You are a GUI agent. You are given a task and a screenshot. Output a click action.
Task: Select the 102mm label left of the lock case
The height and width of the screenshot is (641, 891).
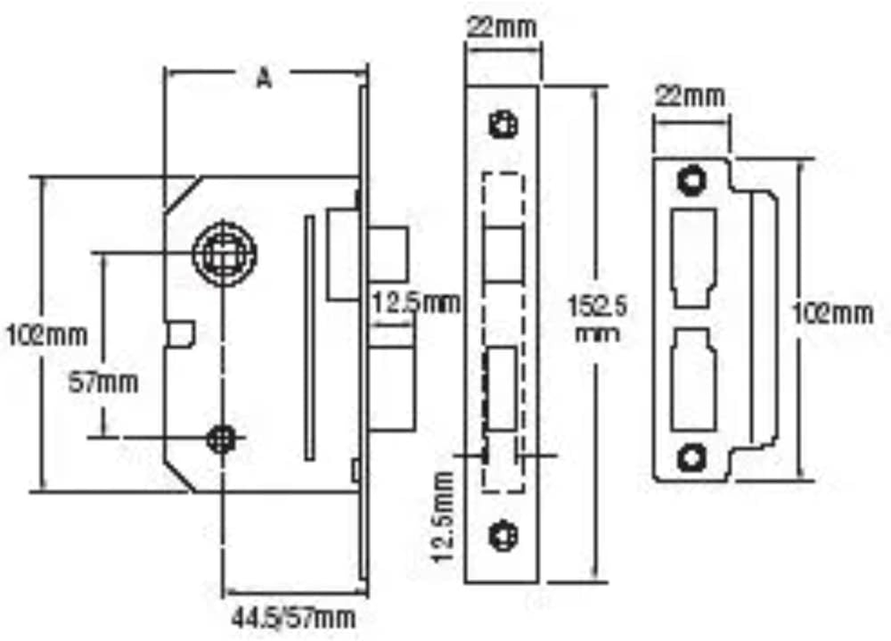[x=47, y=334]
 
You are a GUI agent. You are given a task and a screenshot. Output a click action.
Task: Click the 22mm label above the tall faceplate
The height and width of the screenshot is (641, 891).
[x=502, y=26]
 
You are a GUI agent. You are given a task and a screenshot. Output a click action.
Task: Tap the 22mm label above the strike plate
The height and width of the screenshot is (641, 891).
[x=690, y=98]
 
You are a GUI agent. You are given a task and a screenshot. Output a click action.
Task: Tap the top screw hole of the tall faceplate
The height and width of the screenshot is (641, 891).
[x=503, y=124]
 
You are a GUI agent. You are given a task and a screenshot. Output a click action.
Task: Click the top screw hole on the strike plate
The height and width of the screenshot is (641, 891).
[x=689, y=179]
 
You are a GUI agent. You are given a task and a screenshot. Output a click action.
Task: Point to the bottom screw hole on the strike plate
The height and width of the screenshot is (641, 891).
[x=689, y=458]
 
